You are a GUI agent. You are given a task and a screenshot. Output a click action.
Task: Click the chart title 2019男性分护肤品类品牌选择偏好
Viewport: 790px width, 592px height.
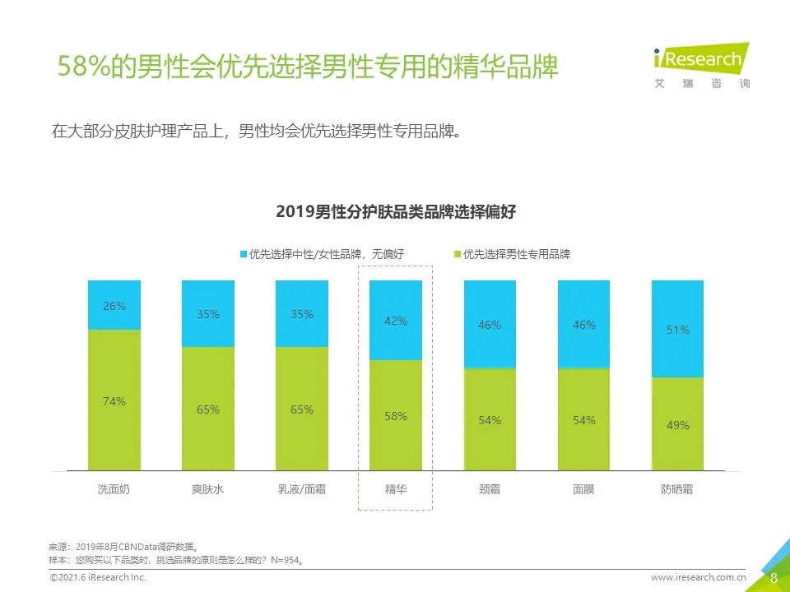point(395,212)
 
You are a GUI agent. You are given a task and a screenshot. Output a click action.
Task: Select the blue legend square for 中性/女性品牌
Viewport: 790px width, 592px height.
point(244,255)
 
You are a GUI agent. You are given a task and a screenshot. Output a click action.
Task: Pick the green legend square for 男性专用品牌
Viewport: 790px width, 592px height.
point(458,255)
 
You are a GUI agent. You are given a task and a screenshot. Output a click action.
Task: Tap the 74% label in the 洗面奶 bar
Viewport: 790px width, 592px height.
point(114,401)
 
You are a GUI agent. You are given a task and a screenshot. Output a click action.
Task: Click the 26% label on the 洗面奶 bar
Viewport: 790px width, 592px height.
point(114,306)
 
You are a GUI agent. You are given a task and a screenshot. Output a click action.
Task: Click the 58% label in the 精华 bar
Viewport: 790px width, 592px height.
point(396,416)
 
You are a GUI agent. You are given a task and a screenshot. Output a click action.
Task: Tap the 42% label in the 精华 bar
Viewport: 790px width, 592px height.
point(396,321)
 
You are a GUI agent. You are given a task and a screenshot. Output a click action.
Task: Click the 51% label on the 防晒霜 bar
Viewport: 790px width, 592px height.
point(678,330)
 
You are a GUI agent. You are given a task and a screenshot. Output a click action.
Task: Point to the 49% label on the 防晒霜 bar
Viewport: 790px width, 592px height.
point(678,425)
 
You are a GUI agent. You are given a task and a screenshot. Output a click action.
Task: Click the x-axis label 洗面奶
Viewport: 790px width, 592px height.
point(114,489)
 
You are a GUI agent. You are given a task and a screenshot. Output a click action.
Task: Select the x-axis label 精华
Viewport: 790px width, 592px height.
point(396,489)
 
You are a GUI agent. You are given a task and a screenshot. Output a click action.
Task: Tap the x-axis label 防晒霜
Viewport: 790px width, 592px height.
point(677,489)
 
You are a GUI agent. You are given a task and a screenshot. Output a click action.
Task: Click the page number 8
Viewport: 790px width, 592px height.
point(774,577)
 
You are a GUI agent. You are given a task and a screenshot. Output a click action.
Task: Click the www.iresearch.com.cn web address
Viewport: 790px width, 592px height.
point(699,578)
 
